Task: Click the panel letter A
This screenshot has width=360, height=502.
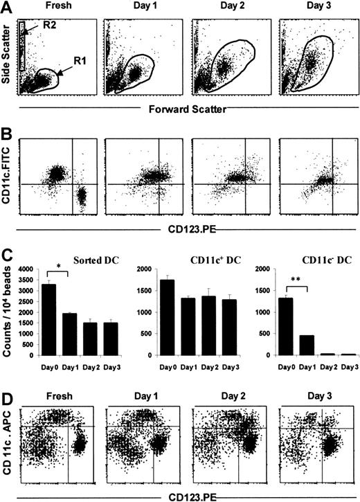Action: [7, 8]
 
